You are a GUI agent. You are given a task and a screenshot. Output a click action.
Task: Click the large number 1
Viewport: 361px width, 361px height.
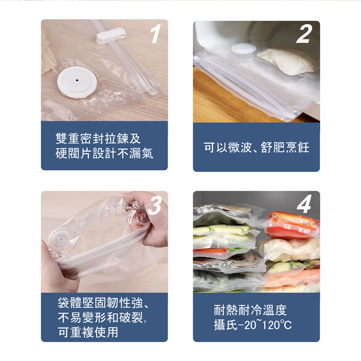(x=155, y=35)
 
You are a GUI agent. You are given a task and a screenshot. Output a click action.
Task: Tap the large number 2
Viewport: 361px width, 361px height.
(x=304, y=35)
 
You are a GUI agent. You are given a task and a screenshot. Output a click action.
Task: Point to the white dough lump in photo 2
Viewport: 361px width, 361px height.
(x=288, y=61)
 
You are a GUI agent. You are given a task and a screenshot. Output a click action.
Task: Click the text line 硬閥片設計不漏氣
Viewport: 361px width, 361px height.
(x=104, y=153)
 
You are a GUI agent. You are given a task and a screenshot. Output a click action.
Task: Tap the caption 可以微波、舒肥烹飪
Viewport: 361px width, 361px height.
(x=256, y=147)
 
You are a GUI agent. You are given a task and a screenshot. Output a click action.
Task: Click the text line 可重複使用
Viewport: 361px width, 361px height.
(x=88, y=332)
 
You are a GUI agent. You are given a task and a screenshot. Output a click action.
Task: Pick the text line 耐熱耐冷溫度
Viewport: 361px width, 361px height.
(x=250, y=310)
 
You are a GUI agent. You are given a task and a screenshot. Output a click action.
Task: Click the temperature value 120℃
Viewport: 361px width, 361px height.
(x=276, y=325)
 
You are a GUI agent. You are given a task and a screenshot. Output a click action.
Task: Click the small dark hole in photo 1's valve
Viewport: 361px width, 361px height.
(x=78, y=77)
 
